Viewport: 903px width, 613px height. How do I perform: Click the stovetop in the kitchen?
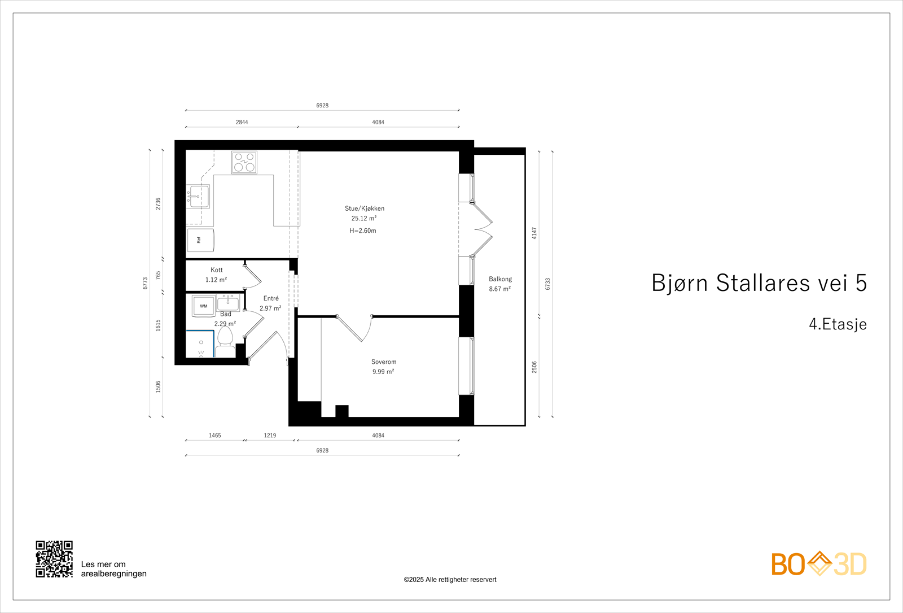(244, 162)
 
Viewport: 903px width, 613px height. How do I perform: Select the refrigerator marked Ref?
(200, 240)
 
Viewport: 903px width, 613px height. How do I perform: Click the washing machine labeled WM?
(203, 306)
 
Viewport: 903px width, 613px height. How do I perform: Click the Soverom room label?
(384, 362)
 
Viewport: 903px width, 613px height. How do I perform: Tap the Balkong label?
(500, 279)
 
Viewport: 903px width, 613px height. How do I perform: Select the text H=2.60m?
(363, 231)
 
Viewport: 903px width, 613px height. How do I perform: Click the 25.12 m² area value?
(364, 219)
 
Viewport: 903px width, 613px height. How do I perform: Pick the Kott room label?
(217, 270)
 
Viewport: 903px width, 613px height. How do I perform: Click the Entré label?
(271, 298)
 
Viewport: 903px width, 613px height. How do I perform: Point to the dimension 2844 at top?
(242, 122)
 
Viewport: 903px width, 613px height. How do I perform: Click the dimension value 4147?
(534, 233)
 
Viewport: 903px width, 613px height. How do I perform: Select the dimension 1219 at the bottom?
(270, 436)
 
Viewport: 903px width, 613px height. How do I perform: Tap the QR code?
(54, 559)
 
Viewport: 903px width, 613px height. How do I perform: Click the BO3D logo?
(818, 564)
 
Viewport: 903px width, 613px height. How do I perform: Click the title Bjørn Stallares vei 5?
(759, 283)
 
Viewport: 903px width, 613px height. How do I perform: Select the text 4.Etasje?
(838, 324)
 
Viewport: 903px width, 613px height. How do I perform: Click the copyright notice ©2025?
(450, 580)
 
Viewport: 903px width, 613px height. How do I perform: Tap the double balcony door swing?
(483, 229)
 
